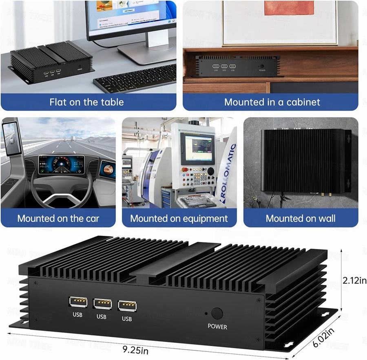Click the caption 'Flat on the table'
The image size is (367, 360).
click(86, 102)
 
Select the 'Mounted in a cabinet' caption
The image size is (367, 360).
click(272, 102)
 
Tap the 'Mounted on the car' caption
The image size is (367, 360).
click(58, 218)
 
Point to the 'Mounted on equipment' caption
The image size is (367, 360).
click(179, 218)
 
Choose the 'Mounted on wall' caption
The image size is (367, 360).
click(301, 218)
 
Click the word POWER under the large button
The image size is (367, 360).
click(217, 326)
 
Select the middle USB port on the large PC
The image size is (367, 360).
click(102, 304)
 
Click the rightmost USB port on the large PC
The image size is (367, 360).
click(127, 306)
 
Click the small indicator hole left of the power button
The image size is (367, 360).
click(206, 314)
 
